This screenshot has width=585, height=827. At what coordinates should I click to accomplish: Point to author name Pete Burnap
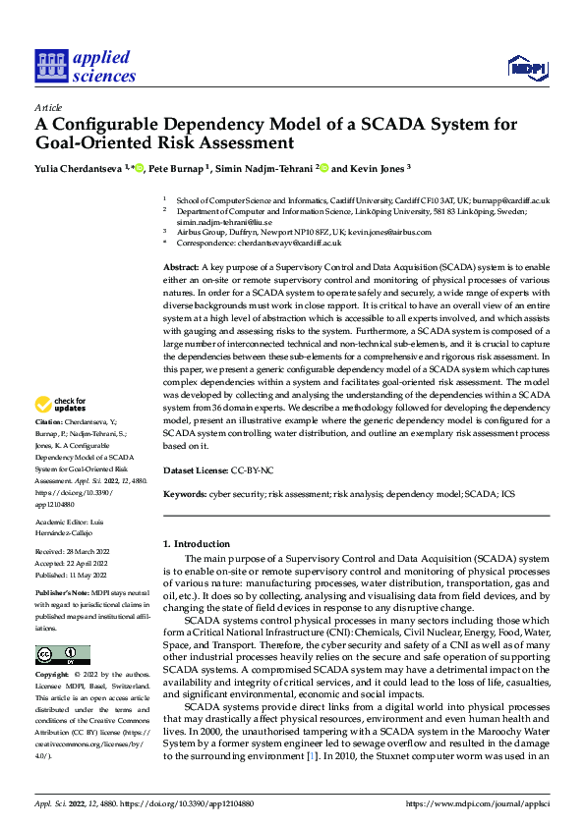pos(177,169)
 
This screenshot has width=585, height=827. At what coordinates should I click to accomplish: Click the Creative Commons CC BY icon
pos(62,655)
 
